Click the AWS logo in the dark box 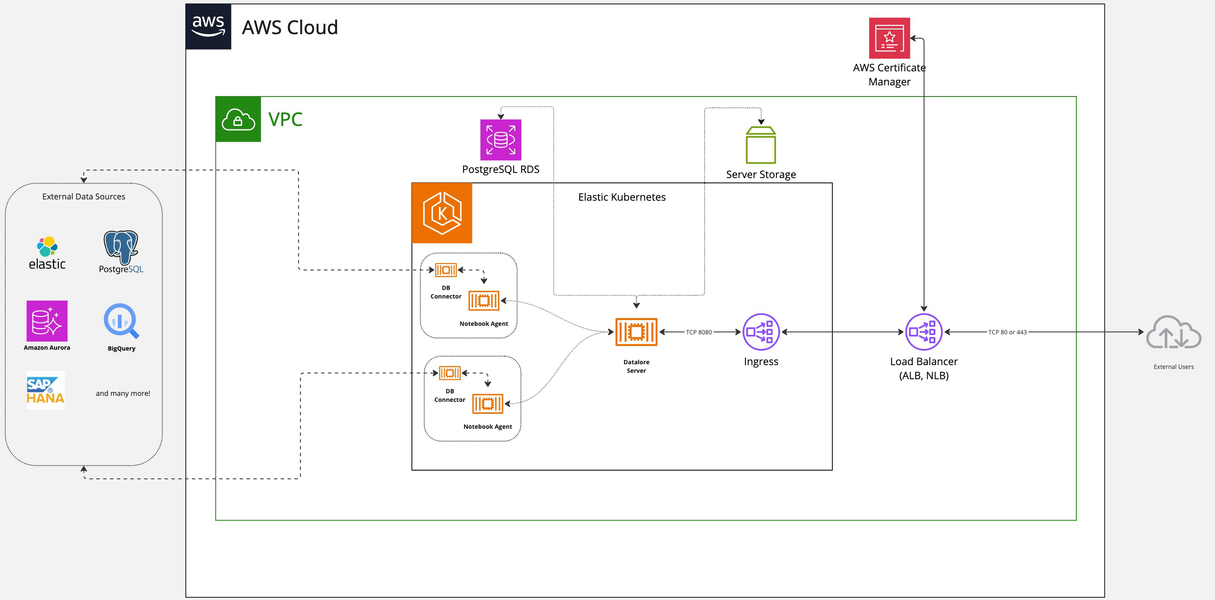click(x=208, y=26)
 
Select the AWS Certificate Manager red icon click(x=889, y=38)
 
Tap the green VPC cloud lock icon click(x=238, y=119)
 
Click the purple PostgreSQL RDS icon click(x=500, y=140)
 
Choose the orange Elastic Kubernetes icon click(x=442, y=213)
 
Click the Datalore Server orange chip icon click(x=636, y=332)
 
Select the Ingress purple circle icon click(x=760, y=332)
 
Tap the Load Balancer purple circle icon click(x=923, y=332)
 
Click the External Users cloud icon click(x=1173, y=333)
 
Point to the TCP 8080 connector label click(x=698, y=332)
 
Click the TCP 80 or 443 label click(x=1007, y=332)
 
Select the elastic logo click(x=47, y=253)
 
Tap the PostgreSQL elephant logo click(x=121, y=248)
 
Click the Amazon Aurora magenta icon click(x=47, y=321)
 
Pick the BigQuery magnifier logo click(x=121, y=321)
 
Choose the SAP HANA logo click(x=45, y=390)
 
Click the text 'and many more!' click(x=123, y=393)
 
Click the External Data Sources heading click(x=84, y=197)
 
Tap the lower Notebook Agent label click(x=487, y=427)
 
